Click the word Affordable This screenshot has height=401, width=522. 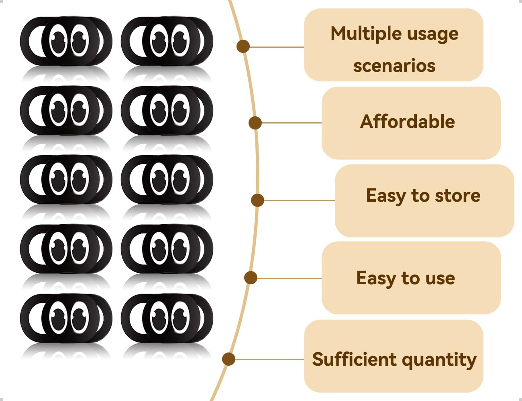pos(407,122)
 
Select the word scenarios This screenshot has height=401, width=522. pos(394,66)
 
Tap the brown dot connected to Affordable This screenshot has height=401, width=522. pos(255,123)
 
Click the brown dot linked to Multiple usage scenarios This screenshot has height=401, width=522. pos(243,46)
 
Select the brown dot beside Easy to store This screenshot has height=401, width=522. pos(257,200)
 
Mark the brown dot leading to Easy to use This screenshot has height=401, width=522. pos(251,278)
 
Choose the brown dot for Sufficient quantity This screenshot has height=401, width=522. pos(229,359)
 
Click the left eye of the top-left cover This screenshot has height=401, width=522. pos(58,41)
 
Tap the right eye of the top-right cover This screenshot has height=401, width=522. pos(181,41)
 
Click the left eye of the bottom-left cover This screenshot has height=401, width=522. pos(58,318)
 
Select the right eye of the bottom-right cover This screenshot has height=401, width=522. pos(181,318)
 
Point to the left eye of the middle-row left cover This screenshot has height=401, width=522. pos(58,179)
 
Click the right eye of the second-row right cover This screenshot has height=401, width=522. pos(181,110)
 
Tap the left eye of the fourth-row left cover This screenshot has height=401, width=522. pos(58,249)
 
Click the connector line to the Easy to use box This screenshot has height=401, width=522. pos(290,278)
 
